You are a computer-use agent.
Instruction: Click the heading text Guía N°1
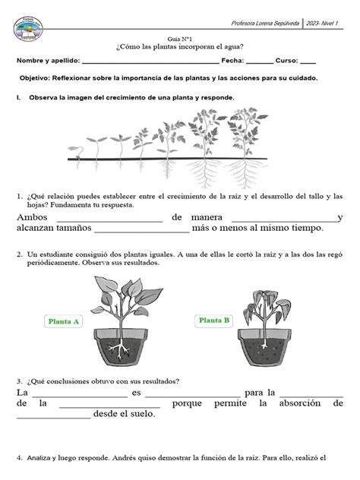point(180,37)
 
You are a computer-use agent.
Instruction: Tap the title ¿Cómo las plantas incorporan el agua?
point(179,46)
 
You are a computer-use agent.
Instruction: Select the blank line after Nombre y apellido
point(149,61)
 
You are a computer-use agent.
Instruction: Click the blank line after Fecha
point(260,61)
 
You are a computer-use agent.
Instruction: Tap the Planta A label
point(65,321)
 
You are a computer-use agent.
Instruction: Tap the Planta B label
point(215,321)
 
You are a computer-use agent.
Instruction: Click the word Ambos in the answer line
point(30,217)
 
